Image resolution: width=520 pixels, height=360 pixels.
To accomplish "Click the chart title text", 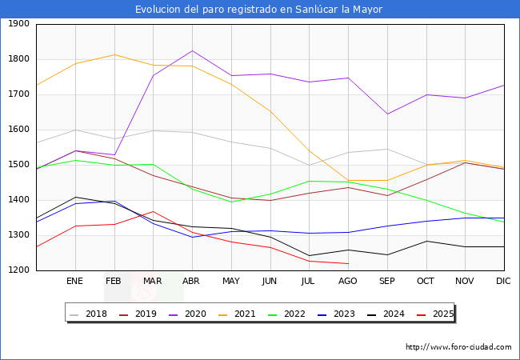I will pos(258,10).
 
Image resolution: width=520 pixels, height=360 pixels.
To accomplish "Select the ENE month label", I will pos(74,282).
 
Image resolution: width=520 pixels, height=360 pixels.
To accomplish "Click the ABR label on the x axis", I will pos(191,282).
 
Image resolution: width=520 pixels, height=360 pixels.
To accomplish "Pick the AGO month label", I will pos(347,282).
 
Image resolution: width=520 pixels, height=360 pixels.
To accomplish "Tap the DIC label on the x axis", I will pos(503,282).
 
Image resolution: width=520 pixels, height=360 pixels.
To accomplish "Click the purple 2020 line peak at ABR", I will pos(192,50).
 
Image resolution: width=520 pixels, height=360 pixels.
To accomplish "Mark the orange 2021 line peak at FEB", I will pos(114,54).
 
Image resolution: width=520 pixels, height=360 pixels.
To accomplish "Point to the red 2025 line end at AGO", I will pos(348,263).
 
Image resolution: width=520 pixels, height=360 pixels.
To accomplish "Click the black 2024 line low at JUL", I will pos(309,256).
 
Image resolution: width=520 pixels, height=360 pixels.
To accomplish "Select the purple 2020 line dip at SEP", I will pos(387,114).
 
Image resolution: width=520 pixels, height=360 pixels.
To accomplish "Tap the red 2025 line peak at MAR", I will pos(153,211).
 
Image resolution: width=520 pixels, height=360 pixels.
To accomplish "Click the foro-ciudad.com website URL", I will pos(458,347).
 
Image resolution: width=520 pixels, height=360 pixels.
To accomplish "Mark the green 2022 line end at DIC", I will pos(504,222).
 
